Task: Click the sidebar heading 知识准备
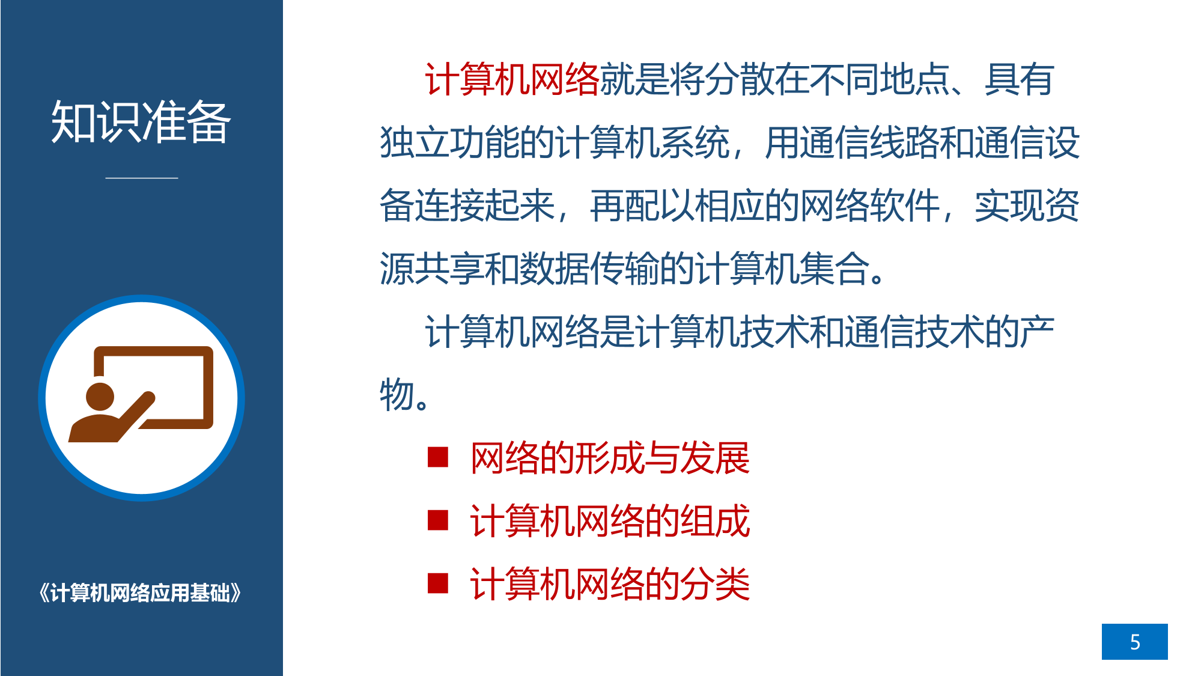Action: pos(141,122)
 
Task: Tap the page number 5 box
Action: pos(1134,641)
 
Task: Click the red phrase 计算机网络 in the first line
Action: pos(512,79)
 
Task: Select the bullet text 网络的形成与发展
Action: pos(610,458)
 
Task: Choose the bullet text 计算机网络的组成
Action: pos(610,521)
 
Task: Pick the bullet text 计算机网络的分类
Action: pos(610,584)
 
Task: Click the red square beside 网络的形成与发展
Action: pos(438,457)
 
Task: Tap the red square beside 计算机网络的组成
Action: pos(438,520)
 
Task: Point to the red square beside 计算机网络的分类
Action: pos(438,583)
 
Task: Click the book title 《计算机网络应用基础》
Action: pos(140,593)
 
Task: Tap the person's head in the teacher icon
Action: pos(100,397)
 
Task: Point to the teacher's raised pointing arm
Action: pos(136,416)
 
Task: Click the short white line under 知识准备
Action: pos(142,178)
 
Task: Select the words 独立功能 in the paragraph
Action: pos(449,143)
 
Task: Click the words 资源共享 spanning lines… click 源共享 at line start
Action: pos(432,269)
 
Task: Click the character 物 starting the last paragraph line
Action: pos(397,395)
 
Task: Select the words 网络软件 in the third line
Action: pos(870,206)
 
